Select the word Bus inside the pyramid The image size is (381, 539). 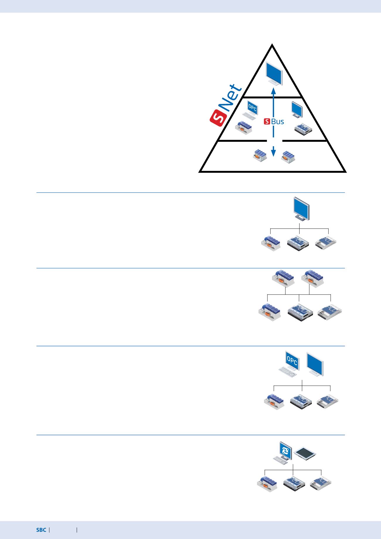[x=278, y=121]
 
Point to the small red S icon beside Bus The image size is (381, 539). [x=267, y=121]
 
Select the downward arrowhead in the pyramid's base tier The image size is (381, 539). [x=273, y=153]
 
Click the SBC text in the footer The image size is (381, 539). [x=41, y=530]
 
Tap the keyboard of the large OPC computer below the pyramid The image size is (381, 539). [x=288, y=372]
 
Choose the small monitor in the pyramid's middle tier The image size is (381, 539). [x=297, y=109]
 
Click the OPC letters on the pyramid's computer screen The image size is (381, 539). [x=252, y=108]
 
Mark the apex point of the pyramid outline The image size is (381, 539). [x=273, y=44]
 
